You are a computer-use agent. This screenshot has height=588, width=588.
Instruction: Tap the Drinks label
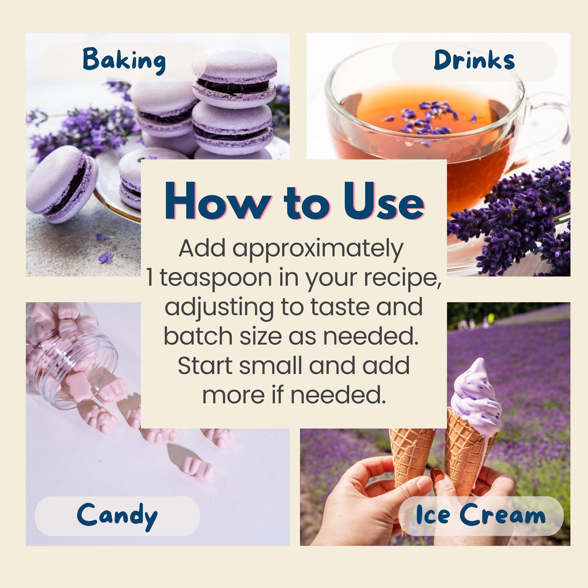(474, 60)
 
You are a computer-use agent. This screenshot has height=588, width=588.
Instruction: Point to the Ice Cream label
(481, 516)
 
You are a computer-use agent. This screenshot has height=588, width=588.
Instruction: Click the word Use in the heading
(384, 201)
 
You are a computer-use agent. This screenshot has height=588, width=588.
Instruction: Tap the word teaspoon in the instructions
(216, 278)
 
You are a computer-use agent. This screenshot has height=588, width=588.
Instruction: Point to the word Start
(206, 365)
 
